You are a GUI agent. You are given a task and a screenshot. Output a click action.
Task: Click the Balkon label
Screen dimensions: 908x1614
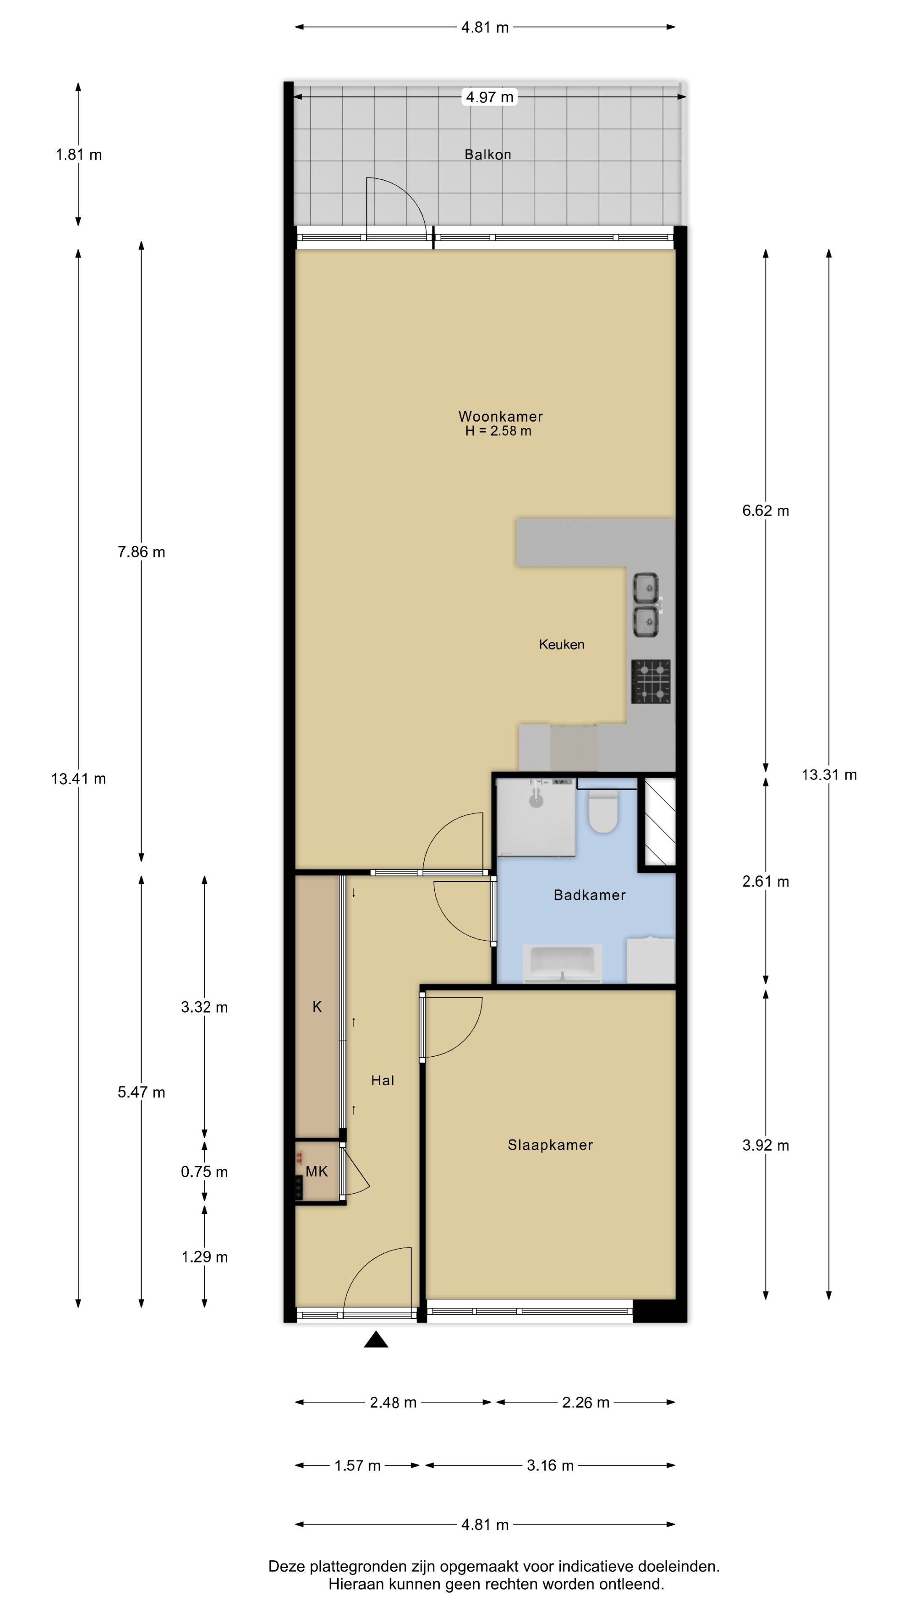click(x=488, y=154)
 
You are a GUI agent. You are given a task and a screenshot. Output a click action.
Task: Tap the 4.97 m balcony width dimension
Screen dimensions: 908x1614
click(x=489, y=97)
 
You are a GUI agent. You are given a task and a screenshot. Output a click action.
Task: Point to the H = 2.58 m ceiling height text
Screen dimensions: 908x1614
click(x=498, y=431)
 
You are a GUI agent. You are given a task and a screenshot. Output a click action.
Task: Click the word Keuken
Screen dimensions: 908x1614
click(x=562, y=644)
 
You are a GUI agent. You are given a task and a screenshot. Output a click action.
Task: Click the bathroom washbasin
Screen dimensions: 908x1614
click(x=562, y=963)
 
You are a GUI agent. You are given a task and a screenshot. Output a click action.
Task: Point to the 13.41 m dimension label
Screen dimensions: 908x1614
click(x=78, y=779)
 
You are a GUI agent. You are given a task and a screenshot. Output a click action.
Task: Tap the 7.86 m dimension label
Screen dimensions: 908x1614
click(x=142, y=552)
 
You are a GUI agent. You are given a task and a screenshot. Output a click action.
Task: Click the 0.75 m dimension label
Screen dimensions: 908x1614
click(x=204, y=1172)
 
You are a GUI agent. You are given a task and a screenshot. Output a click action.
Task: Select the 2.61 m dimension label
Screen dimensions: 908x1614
click(x=766, y=881)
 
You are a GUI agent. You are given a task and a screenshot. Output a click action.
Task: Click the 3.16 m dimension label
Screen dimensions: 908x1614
click(x=550, y=1466)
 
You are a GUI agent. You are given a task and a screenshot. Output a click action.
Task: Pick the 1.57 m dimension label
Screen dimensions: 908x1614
click(x=357, y=1466)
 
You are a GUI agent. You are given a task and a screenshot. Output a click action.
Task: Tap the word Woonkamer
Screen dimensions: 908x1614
click(x=501, y=416)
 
